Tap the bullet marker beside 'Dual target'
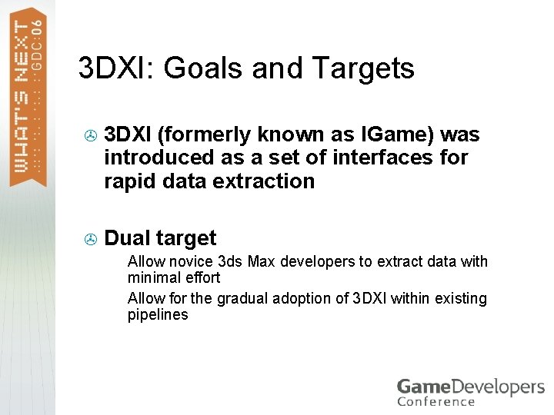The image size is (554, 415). pyautogui.click(x=89, y=239)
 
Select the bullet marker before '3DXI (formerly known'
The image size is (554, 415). pyautogui.click(x=89, y=136)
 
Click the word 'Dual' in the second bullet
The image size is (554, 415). pyautogui.click(x=128, y=238)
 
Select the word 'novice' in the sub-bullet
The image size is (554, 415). pyautogui.click(x=191, y=261)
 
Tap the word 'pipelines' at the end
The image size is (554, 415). pyautogui.click(x=158, y=314)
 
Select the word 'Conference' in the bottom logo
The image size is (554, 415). pyautogui.click(x=436, y=401)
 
